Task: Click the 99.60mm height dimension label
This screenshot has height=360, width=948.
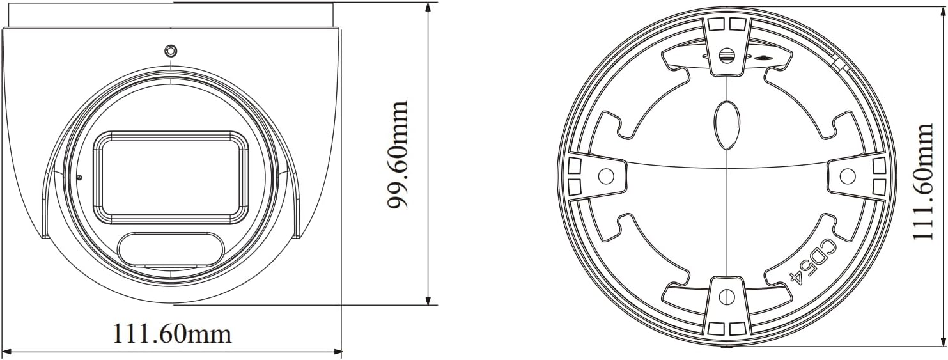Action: pos(398,155)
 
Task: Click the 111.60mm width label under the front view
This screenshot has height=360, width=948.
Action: pos(172,334)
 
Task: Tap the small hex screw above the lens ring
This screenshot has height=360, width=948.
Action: pos(171,51)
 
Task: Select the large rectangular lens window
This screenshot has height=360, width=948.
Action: pos(170,177)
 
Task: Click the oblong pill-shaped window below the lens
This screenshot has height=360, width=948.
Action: pos(171,250)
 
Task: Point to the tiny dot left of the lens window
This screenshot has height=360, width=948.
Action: pos(79,177)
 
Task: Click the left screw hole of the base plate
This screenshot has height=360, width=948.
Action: pos(607,176)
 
